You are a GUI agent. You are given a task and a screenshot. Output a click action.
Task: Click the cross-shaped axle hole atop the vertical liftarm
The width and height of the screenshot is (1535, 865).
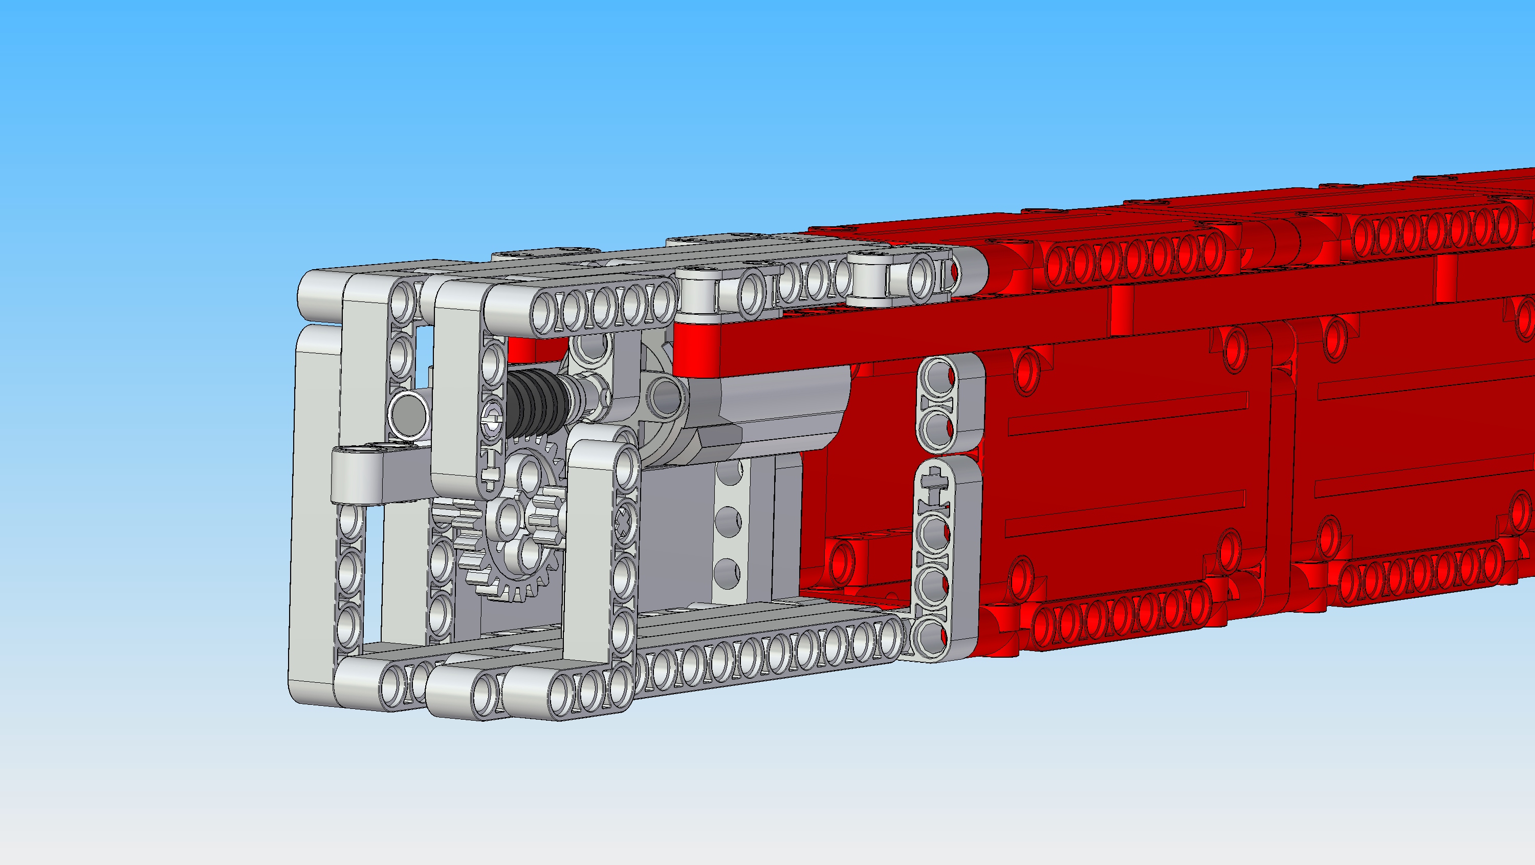click(x=933, y=481)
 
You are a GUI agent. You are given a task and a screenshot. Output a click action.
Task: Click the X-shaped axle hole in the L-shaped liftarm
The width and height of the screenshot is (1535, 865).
click(x=623, y=525)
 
